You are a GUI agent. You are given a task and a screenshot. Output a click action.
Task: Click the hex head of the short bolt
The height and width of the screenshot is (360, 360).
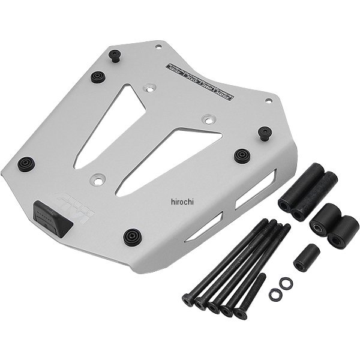coord(241,313)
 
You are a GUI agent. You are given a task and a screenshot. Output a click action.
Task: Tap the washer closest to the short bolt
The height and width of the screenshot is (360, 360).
coord(276,293)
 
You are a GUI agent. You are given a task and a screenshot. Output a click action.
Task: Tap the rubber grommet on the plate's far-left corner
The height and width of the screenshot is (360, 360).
coord(26,164)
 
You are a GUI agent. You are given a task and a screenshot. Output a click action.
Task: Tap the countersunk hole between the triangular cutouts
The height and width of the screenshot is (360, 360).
coord(207,118)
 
